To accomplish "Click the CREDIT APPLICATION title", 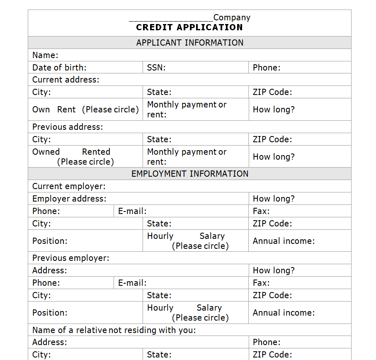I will [x=189, y=27].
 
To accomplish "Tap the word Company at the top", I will [x=232, y=17].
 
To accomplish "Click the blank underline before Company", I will [x=171, y=19].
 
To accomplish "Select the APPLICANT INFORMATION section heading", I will [x=189, y=42].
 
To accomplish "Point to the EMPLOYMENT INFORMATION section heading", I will [x=189, y=173].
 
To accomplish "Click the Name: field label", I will [x=45, y=55].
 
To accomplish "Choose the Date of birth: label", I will [x=59, y=68].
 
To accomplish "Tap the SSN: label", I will [x=156, y=68].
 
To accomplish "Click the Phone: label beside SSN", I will [x=267, y=68].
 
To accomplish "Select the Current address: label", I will [x=66, y=80].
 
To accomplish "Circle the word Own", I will [x=41, y=109].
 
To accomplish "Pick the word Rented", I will [x=96, y=152].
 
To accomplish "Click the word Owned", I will [x=46, y=152].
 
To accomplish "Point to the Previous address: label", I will [x=68, y=127].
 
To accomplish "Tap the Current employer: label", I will [x=69, y=186].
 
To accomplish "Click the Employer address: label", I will [x=69, y=199].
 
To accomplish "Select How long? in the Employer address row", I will [x=274, y=199].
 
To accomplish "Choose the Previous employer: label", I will [x=71, y=258].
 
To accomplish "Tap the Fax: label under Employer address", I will [x=261, y=211].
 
